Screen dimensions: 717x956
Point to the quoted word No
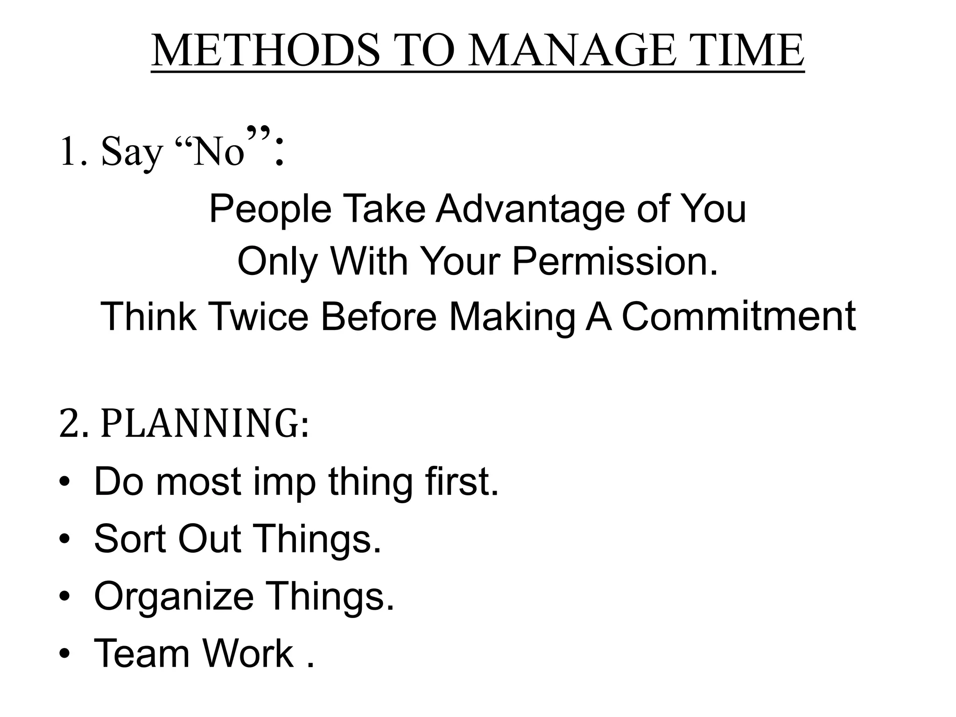click(219, 152)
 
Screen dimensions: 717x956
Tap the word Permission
click(615, 261)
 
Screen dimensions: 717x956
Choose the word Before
click(378, 316)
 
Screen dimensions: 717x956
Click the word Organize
click(173, 597)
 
